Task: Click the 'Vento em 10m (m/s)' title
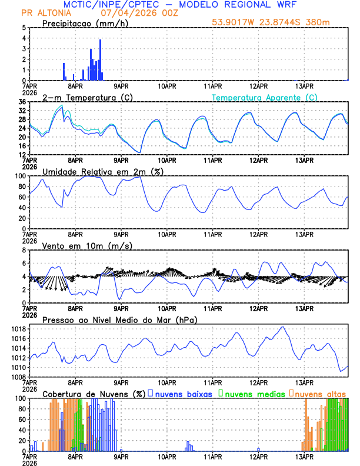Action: (79, 245)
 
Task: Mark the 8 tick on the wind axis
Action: (22, 250)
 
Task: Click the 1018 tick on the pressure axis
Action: (18, 329)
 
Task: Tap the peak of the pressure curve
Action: (283, 327)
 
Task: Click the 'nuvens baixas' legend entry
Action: (184, 394)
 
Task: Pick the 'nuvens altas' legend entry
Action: (321, 394)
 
